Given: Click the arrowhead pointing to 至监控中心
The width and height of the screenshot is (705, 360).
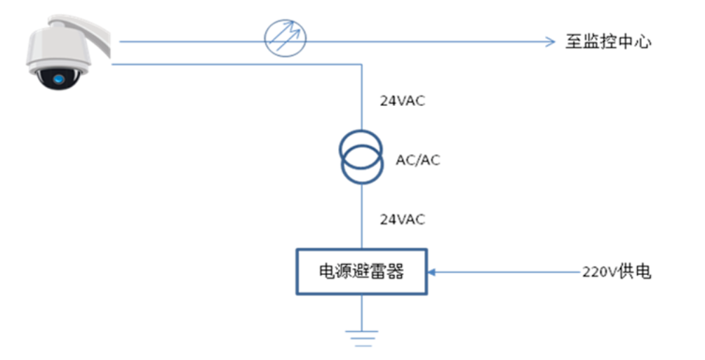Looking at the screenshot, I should (550, 41).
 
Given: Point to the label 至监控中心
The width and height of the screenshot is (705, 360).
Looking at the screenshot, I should (608, 42).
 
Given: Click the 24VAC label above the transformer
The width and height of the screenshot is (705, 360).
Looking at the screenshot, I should (402, 101).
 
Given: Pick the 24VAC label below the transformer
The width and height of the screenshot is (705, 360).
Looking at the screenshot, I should (402, 220).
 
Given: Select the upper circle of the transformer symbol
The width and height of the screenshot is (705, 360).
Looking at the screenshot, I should (361, 147).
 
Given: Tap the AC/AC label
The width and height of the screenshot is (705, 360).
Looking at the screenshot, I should (418, 160).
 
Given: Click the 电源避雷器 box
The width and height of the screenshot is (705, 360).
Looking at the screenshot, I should (361, 272).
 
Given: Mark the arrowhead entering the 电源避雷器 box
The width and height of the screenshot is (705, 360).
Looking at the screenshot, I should (432, 272).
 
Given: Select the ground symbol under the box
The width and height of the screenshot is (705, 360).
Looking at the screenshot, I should (361, 338).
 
